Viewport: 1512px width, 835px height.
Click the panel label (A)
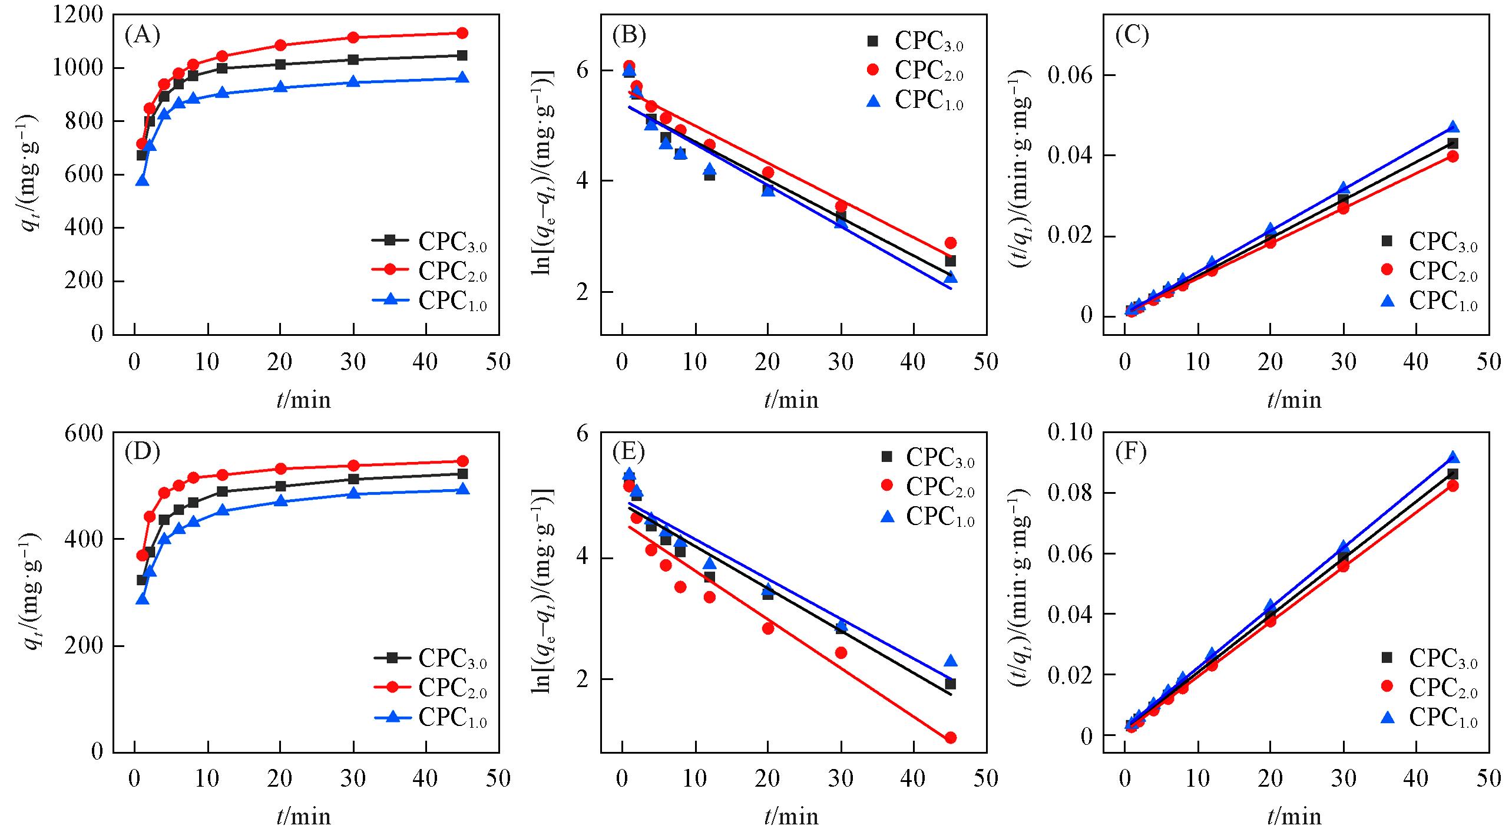tap(143, 36)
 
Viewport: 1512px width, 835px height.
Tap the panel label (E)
tap(628, 452)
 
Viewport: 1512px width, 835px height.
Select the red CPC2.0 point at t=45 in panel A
tap(462, 33)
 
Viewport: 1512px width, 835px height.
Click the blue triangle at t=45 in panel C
tap(1453, 127)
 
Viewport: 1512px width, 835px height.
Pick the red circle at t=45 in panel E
tap(950, 738)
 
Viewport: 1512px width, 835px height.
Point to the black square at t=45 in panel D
tap(462, 474)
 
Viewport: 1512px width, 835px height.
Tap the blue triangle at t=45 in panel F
tap(1453, 457)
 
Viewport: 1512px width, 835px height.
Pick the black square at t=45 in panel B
tap(950, 260)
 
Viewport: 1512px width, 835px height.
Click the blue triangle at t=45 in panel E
tap(950, 661)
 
